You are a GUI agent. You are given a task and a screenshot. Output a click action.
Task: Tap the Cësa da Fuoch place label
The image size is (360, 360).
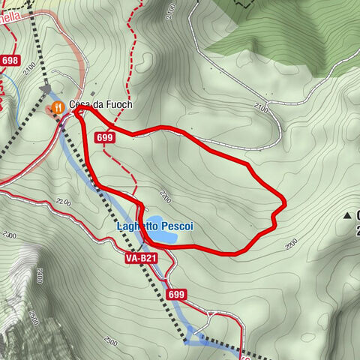[100, 105]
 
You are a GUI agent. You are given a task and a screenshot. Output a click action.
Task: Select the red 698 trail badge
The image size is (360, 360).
[10, 61]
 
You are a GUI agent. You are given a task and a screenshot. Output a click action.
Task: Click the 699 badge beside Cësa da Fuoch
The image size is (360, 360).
[105, 137]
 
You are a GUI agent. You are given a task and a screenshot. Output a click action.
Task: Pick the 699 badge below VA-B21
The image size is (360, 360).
[177, 295]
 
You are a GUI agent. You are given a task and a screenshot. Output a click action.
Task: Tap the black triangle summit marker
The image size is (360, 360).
[347, 216]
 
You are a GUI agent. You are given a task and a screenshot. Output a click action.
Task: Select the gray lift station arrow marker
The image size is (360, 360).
[47, 89]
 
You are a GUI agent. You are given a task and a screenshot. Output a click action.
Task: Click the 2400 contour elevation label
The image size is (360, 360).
[38, 278]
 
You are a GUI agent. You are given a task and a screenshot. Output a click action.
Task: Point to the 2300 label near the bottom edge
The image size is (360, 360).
[111, 341]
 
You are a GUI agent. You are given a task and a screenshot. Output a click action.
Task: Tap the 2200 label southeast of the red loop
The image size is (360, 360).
[291, 242]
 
